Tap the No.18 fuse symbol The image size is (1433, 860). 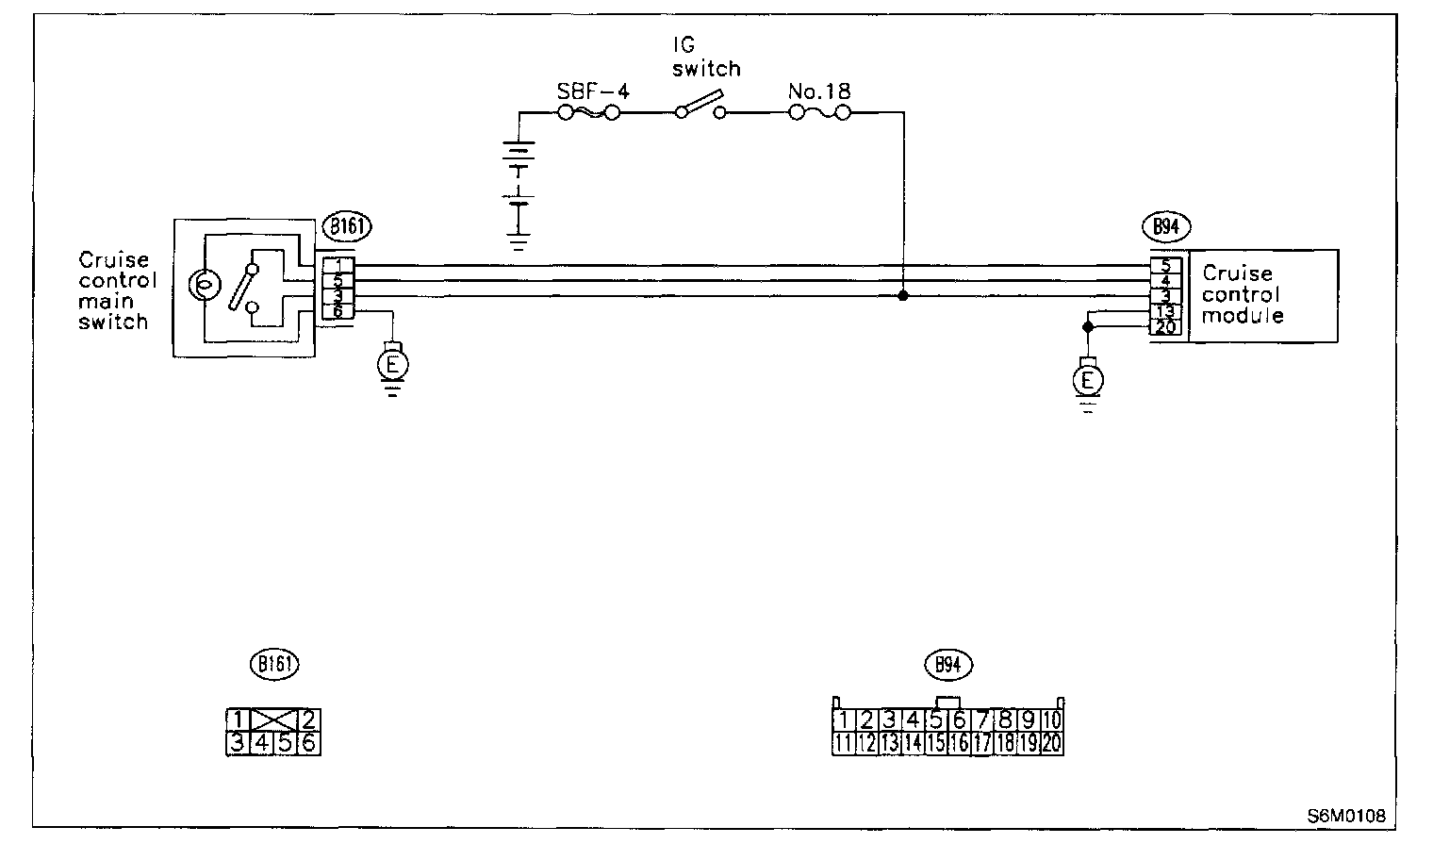coord(819,113)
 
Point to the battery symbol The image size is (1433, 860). coord(518,179)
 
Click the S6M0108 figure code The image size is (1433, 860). coord(1345,815)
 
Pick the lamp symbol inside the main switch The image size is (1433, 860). coord(202,283)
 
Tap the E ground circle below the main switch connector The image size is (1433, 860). coord(392,362)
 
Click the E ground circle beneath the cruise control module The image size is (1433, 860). coord(1088,380)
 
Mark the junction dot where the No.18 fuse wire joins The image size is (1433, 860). coord(903,296)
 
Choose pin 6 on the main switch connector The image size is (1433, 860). coord(338,311)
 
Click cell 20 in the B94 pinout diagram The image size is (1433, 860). coord(1051,744)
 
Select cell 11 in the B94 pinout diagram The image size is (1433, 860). coord(844,744)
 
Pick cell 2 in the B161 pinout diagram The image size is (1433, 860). coord(308,721)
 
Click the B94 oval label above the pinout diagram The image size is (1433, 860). coord(947,665)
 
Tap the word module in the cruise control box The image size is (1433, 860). coord(1242,316)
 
